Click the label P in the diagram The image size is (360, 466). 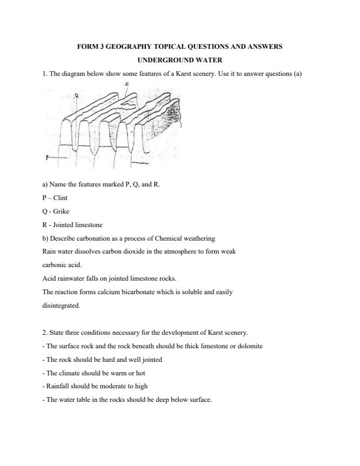click(46, 158)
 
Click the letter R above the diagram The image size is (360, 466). click(127, 85)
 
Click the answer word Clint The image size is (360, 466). click(60, 198)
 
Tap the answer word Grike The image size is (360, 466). click(60, 211)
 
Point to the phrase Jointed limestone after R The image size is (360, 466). click(74, 225)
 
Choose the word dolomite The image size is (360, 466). click(250, 346)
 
